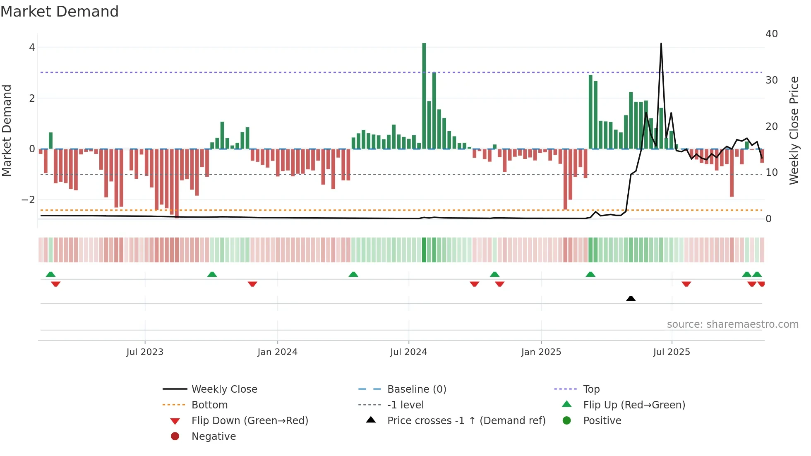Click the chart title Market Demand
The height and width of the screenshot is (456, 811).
60,12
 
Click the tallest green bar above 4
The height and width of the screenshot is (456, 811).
424,95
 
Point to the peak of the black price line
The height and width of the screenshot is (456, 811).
661,44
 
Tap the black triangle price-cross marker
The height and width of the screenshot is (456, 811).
631,298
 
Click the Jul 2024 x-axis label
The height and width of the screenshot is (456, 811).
408,352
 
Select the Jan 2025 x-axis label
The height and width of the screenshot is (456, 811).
541,352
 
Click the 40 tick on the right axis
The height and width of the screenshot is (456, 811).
771,34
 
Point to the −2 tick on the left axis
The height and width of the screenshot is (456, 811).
28,200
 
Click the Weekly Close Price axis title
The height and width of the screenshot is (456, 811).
794,130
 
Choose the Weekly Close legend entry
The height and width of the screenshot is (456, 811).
224,389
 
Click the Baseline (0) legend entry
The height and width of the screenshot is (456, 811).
416,389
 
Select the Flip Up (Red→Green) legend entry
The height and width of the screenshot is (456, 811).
634,405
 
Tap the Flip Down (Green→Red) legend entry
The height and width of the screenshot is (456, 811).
250,421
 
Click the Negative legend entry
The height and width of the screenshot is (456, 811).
214,437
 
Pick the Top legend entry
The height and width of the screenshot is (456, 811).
591,389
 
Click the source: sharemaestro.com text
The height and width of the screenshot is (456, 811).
732,324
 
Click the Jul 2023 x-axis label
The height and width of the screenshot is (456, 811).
145,352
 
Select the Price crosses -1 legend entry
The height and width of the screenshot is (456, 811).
466,421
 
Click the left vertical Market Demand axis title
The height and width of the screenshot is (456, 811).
7,130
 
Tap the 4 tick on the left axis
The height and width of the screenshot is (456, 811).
32,48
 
